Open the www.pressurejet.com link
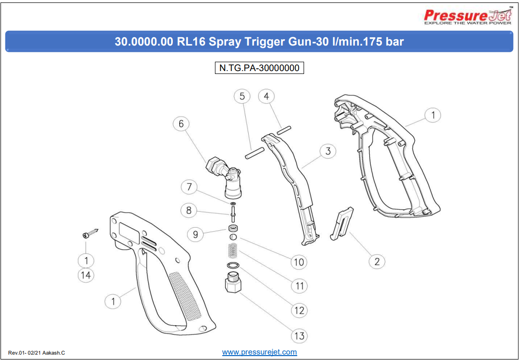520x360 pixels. pyautogui.click(x=260, y=352)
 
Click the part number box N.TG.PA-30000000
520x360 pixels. pyautogui.click(x=260, y=68)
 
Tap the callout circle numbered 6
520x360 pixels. pyautogui.click(x=181, y=124)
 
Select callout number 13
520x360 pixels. pyautogui.click(x=299, y=336)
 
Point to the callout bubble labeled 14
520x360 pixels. pyautogui.click(x=86, y=275)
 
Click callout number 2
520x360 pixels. pyautogui.click(x=377, y=262)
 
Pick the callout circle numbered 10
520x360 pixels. pyautogui.click(x=299, y=262)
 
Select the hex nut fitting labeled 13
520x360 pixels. pyautogui.click(x=233, y=284)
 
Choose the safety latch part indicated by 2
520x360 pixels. pyautogui.click(x=342, y=224)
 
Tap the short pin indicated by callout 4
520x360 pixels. pyautogui.click(x=284, y=130)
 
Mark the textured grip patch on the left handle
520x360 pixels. pyautogui.click(x=186, y=296)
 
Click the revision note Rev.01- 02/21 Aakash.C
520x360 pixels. pyautogui.click(x=37, y=353)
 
